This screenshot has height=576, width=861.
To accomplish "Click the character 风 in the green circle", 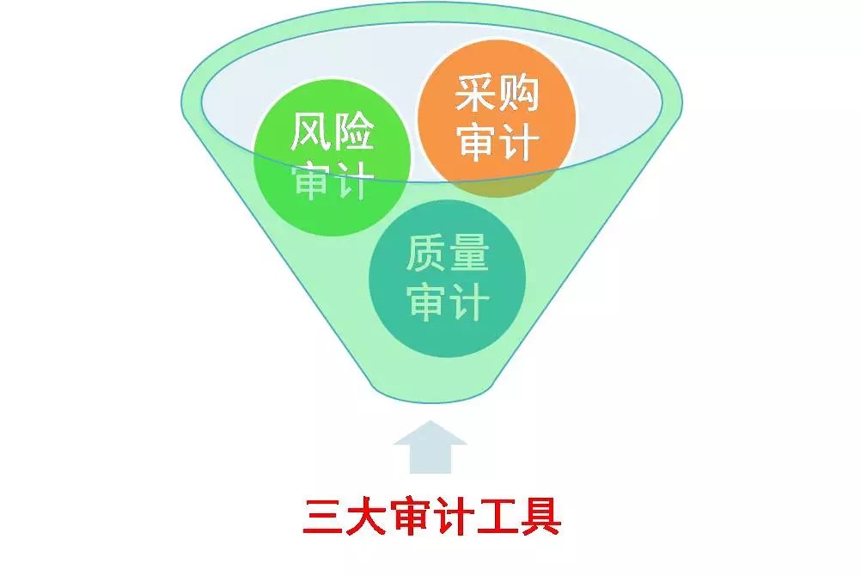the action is click(x=310, y=132).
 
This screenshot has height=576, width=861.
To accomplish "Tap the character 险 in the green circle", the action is click(x=354, y=132).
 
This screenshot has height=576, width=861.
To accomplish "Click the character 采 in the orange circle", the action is click(x=475, y=94).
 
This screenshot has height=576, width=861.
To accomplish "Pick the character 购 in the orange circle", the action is click(x=519, y=94).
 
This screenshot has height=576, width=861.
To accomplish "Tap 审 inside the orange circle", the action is click(x=475, y=142).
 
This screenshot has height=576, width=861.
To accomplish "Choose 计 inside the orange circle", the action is click(x=519, y=142).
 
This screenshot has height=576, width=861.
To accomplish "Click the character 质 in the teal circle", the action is click(x=425, y=253).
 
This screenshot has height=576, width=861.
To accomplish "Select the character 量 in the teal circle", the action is click(x=469, y=253).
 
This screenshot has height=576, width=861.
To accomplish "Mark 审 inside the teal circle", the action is click(x=425, y=301).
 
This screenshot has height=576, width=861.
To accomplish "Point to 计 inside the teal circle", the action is click(x=469, y=301).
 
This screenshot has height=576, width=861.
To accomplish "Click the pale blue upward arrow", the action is click(x=430, y=448).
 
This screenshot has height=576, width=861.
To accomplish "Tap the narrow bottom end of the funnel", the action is click(x=431, y=397).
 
